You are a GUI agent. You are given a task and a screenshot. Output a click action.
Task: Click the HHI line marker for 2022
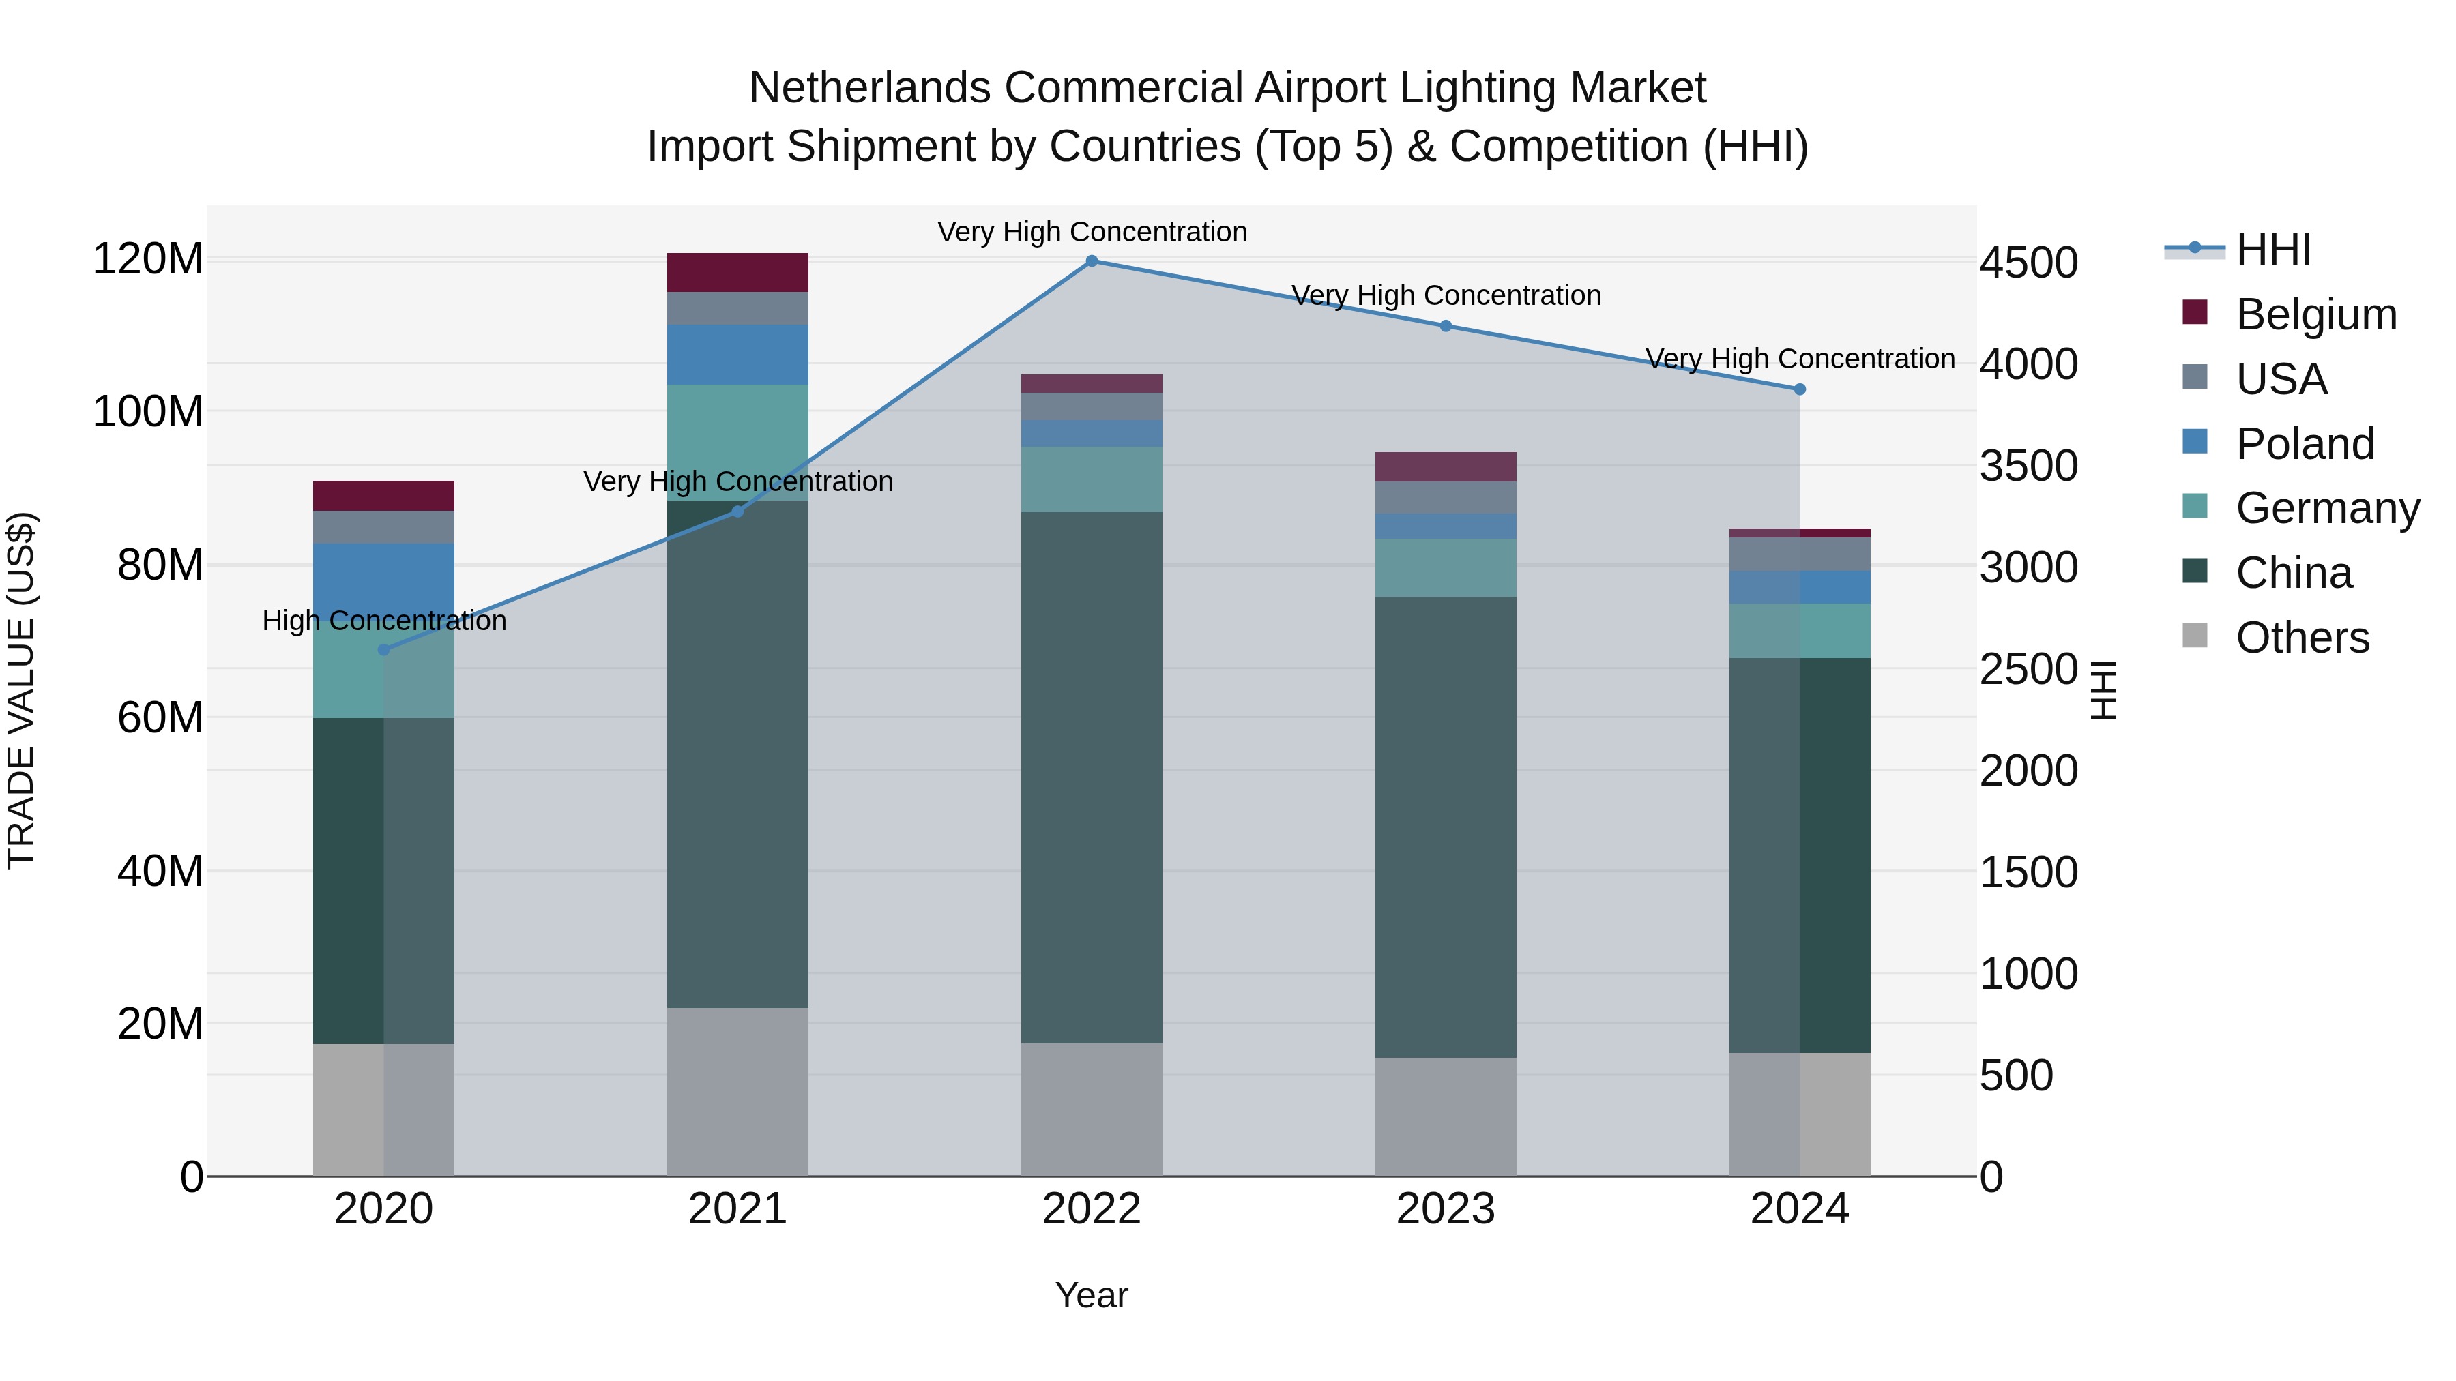1092,261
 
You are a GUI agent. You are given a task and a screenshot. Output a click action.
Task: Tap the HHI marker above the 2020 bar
383,650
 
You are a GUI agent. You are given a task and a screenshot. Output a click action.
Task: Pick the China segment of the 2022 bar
1092,777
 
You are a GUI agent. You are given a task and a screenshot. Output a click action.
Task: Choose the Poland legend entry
2305,444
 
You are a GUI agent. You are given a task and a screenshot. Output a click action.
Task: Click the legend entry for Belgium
2315,314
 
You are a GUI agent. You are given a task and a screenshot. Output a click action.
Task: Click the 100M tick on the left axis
148,412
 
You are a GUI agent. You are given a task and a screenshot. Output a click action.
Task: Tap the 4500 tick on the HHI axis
2029,263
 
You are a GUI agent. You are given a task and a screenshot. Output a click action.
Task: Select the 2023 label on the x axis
1446,1209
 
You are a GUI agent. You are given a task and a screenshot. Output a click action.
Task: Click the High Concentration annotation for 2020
383,621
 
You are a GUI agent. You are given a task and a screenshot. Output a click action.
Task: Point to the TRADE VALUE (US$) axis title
21,690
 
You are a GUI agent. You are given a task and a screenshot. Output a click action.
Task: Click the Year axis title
1092,1295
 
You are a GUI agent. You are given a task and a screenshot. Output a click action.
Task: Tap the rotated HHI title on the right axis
2103,690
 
